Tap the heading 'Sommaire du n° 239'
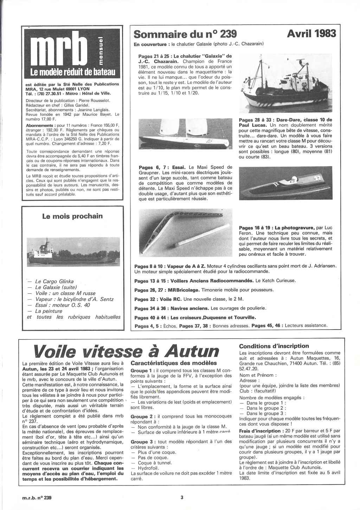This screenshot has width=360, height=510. tap(185, 34)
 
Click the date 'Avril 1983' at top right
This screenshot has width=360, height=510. tap(311, 34)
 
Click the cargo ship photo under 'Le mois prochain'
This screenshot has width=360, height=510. tap(72, 253)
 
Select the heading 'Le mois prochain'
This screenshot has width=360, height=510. tap(72, 216)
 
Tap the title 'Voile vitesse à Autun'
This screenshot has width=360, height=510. tap(126, 351)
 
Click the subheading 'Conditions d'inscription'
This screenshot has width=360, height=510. tap(274, 346)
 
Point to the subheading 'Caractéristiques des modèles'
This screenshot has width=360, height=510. tap(174, 363)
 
